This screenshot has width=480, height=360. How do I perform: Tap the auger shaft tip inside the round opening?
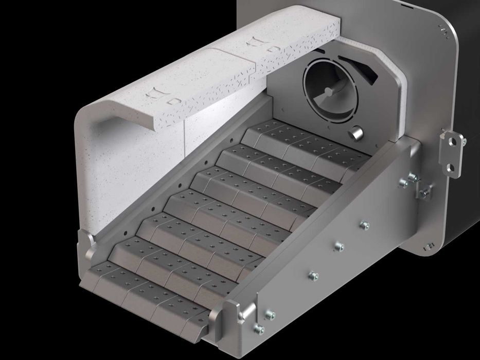(328, 92)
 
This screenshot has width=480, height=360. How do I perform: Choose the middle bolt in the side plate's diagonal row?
(339, 247)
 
